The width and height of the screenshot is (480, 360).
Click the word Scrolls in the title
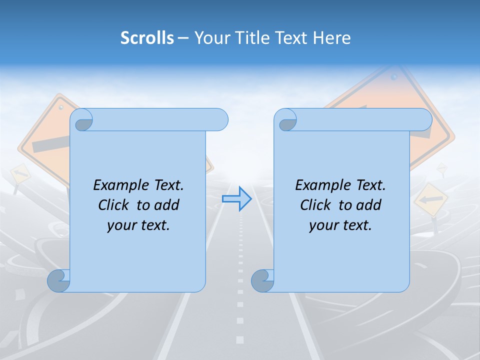point(147,38)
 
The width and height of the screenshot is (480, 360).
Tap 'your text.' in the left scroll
point(138,225)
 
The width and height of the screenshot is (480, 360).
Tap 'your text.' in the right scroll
point(340,225)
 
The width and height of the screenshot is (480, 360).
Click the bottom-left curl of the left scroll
point(59,280)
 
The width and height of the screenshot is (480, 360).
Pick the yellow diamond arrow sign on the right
point(431,199)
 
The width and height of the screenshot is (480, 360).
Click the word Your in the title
point(211,38)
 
